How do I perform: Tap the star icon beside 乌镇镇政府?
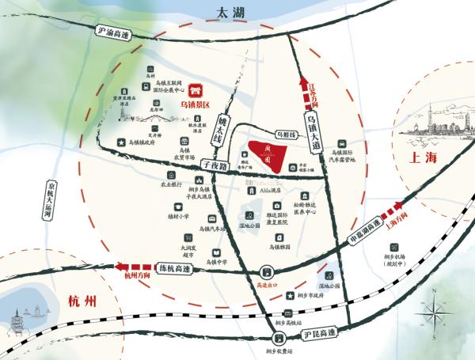click(x=120, y=142)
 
